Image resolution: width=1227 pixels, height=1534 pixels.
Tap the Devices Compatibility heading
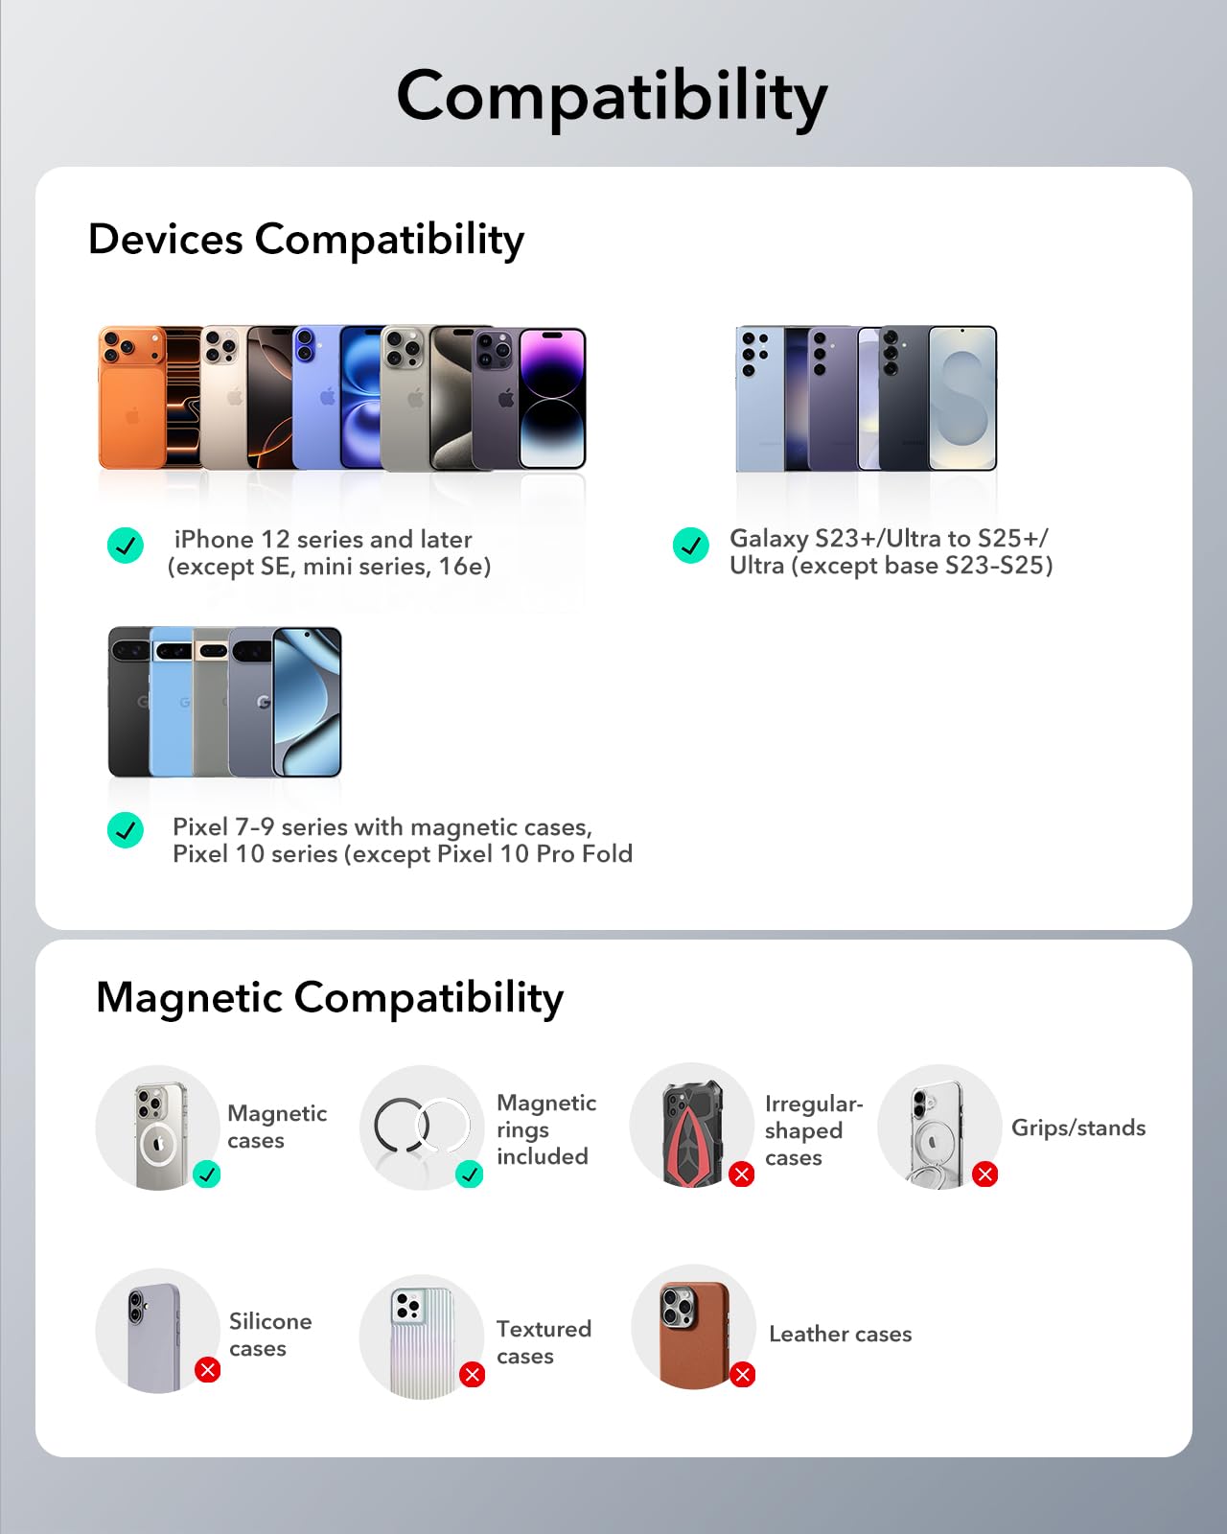[x=306, y=240]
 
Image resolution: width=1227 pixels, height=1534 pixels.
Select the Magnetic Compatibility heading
[x=330, y=998]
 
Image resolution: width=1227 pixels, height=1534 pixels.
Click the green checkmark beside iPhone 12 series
[x=126, y=546]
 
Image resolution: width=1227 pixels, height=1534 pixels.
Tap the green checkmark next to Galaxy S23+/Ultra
[x=691, y=546]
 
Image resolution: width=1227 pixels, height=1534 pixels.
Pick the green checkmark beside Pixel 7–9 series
[x=126, y=829]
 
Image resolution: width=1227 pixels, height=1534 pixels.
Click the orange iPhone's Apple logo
[x=132, y=415]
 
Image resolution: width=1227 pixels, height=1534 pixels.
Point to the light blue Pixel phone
[x=172, y=702]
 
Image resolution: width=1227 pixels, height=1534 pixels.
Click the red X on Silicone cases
[x=207, y=1369]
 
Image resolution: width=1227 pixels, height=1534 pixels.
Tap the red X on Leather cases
[x=742, y=1374]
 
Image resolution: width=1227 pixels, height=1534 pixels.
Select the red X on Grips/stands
[x=985, y=1174]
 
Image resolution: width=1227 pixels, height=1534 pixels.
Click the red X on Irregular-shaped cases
[x=742, y=1174]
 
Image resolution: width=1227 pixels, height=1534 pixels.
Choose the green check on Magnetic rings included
[x=469, y=1174]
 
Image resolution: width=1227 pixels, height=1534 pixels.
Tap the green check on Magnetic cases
[x=207, y=1174]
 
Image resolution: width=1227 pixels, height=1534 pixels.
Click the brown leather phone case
[x=694, y=1335]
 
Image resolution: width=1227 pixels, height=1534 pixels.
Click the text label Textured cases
[x=544, y=1342]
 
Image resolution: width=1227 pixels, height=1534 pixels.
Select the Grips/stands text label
[x=1078, y=1127]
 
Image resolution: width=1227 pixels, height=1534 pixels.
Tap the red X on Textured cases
[x=472, y=1374]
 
